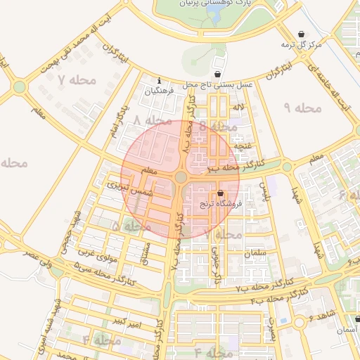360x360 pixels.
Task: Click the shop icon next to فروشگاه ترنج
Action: coord(221,193)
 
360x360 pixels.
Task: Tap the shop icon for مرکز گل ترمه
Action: coord(302,34)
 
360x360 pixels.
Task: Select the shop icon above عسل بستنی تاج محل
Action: coord(217,74)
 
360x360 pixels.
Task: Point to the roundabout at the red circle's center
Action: coord(181,178)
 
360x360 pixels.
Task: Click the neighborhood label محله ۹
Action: coord(302,108)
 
